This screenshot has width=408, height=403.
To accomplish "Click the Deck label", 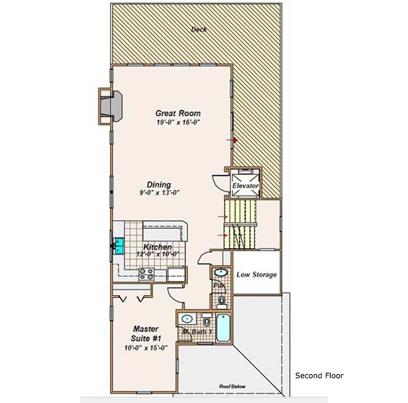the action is (x=199, y=29).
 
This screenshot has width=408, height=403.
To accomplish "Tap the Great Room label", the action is (x=178, y=113).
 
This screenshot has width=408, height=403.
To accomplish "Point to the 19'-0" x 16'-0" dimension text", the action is (x=178, y=122).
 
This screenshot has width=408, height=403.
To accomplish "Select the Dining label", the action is (x=159, y=185).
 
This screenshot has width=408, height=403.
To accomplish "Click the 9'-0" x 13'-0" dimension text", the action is (x=159, y=193).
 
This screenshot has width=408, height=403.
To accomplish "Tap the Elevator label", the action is (x=245, y=186).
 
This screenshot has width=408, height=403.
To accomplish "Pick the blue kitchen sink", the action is (x=119, y=246).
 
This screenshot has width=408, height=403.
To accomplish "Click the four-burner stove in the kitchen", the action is (x=147, y=274).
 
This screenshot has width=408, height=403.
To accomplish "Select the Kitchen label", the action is (x=157, y=247).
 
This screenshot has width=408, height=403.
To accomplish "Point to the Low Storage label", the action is (x=257, y=274).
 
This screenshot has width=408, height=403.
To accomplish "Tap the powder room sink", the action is (x=221, y=272).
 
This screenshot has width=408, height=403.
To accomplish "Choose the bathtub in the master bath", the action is (x=223, y=328).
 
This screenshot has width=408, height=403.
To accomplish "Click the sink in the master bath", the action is (x=186, y=319).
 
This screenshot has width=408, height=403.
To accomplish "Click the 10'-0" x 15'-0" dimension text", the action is (x=146, y=348).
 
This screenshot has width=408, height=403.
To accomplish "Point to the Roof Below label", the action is (x=232, y=386).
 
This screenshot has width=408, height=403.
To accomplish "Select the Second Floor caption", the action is (x=319, y=376).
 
